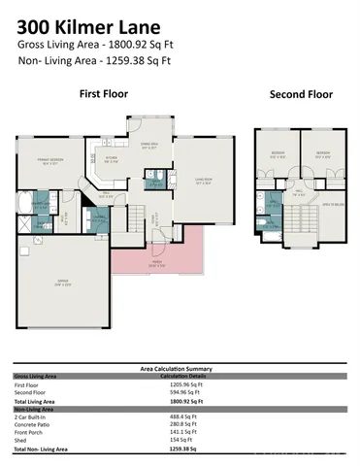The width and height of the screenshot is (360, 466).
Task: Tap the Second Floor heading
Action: pos(300,95)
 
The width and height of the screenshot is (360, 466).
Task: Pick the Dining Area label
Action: pos(149,147)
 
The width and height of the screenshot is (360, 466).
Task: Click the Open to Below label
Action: pos(331,203)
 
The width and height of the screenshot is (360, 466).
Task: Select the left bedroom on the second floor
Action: pos(277,154)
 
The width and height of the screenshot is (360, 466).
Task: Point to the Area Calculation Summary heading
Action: pos(180,370)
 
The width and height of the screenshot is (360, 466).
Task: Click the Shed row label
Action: pos(18,441)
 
